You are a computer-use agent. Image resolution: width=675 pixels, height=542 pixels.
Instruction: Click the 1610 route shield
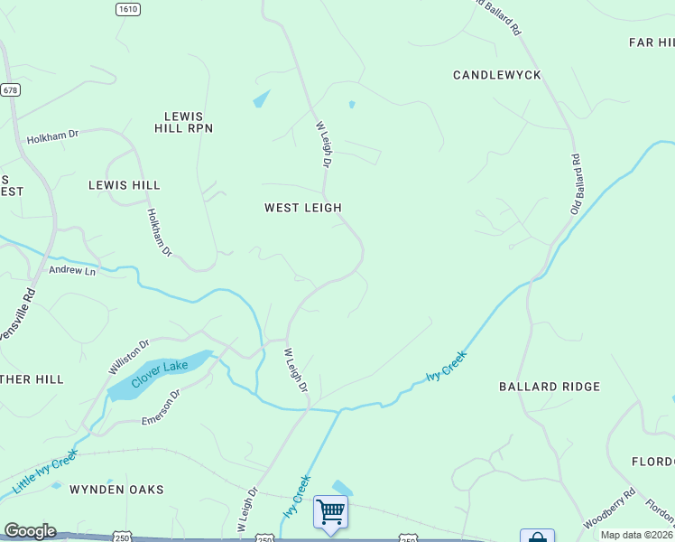point(128,8)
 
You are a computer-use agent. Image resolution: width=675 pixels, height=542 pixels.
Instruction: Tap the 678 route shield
point(10,90)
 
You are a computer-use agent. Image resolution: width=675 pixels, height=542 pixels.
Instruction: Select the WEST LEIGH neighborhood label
point(302,208)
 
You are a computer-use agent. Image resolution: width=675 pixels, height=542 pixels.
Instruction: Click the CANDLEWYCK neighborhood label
point(497,75)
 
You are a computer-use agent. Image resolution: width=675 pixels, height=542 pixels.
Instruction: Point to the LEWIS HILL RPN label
point(189,123)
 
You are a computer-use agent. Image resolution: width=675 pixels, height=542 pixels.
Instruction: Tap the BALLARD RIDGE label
point(549,387)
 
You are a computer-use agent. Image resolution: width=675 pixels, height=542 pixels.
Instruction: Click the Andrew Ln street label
point(72,270)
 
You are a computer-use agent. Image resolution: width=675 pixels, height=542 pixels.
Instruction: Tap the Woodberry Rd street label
point(609,509)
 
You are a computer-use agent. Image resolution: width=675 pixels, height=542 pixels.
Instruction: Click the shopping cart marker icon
point(330,512)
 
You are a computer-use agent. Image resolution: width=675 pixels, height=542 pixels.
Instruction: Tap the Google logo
point(30,531)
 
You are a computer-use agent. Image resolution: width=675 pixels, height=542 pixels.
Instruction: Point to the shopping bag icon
point(536,537)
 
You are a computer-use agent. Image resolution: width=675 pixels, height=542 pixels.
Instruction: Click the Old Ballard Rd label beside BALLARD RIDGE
point(575,184)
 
